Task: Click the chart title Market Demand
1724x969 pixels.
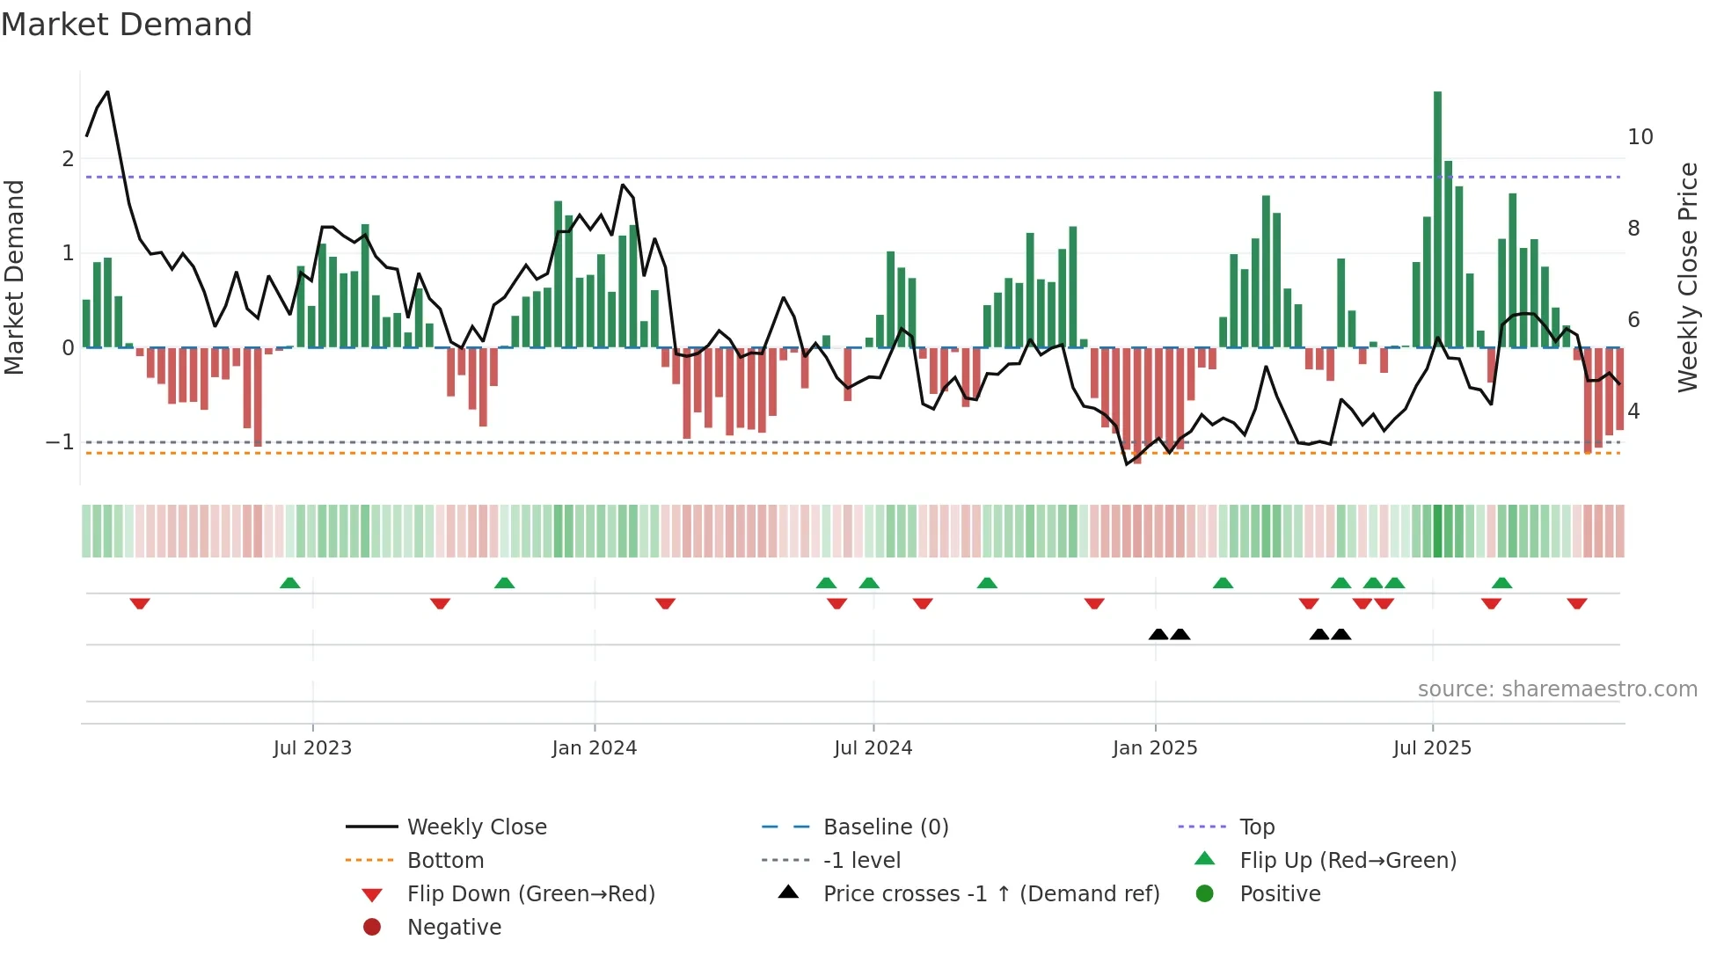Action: coord(127,25)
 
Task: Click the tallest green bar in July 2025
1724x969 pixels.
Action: coord(1437,220)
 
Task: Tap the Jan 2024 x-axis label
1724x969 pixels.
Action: coord(594,748)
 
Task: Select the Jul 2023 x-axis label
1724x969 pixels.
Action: coord(312,748)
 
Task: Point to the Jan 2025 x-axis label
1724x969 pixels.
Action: coord(1154,748)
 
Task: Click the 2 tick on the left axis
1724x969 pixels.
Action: coord(68,159)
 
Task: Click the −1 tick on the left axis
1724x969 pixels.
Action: coord(61,442)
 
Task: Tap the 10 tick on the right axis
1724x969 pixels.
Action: coord(1640,137)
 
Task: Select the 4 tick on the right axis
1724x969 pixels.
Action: coord(1633,412)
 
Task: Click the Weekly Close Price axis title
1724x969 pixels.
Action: coord(1687,277)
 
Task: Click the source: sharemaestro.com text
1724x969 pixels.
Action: coord(1557,689)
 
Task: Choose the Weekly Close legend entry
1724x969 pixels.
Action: coord(476,827)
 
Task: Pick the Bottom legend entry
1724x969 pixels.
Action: coord(445,861)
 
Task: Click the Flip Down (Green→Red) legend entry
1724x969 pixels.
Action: coord(530,894)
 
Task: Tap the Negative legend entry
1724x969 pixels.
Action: coord(454,928)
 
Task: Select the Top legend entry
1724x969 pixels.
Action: coord(1257,827)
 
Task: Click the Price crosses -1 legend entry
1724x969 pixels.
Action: coord(990,894)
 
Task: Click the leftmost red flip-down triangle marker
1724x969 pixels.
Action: coord(140,603)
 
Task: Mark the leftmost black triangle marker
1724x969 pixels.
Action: coord(1158,634)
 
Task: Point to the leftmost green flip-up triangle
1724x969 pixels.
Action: coord(289,583)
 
